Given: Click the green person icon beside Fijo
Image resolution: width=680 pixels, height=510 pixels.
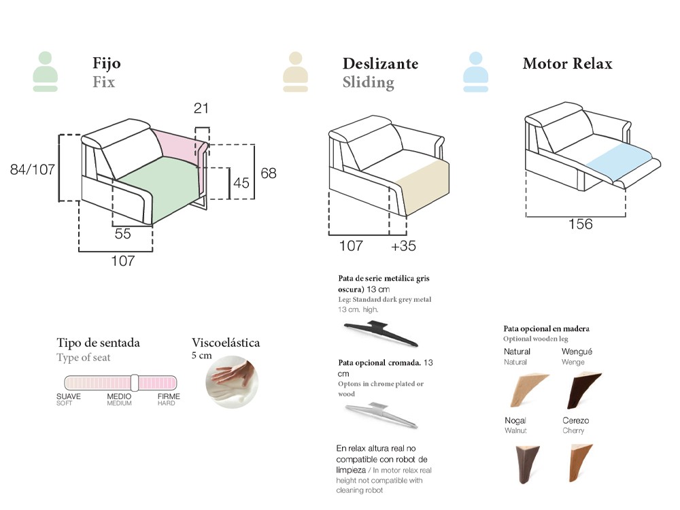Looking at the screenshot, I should (x=45, y=71).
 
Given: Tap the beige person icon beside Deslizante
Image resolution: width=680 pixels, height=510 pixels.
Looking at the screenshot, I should (x=295, y=71).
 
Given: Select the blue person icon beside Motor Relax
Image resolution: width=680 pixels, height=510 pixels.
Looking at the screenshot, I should (x=475, y=71).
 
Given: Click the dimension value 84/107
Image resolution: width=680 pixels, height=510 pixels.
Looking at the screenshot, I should (x=32, y=169).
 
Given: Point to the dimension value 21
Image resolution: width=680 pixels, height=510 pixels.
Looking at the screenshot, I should (x=201, y=108).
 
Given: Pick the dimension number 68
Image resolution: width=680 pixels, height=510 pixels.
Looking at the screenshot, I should (x=269, y=173).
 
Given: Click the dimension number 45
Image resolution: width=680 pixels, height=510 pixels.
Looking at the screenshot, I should (x=241, y=183).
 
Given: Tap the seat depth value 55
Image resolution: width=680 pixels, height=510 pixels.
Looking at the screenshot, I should (x=122, y=234).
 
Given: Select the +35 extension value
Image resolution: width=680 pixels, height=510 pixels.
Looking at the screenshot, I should (x=403, y=246).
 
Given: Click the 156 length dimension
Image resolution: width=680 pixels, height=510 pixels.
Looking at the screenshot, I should (x=581, y=224).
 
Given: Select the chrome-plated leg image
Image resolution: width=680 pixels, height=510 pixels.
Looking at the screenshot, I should (x=383, y=413).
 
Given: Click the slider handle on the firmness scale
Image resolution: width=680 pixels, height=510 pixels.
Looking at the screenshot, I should (x=135, y=382).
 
